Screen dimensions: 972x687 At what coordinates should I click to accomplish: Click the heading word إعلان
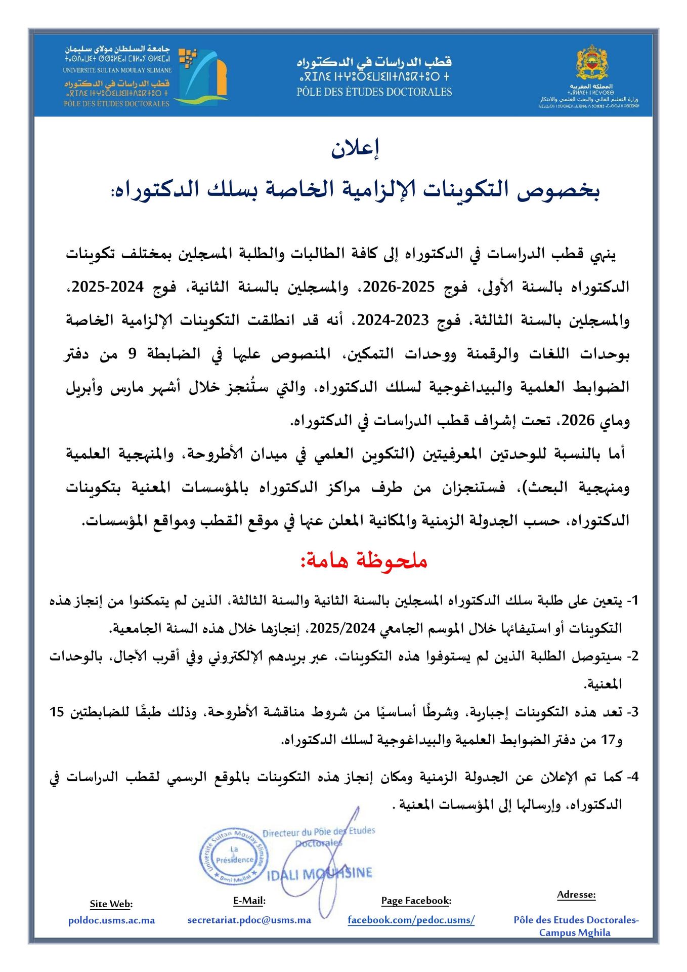pyautogui.click(x=355, y=148)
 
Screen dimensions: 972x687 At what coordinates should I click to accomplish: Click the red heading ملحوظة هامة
pyautogui.click(x=364, y=560)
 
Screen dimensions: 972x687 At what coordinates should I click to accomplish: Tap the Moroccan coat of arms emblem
pyautogui.click(x=591, y=63)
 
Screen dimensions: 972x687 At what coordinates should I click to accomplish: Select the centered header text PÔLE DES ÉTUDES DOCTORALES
pyautogui.click(x=374, y=92)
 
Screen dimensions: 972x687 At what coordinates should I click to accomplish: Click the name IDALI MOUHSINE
pyautogui.click(x=319, y=873)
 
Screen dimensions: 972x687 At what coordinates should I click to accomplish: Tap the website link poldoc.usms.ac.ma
pyautogui.click(x=111, y=920)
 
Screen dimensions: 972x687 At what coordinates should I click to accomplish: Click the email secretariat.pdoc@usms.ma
pyautogui.click(x=249, y=920)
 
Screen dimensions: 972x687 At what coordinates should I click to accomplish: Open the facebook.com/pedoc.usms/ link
pyautogui.click(x=411, y=920)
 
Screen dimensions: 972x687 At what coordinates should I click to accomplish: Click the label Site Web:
pyautogui.click(x=111, y=904)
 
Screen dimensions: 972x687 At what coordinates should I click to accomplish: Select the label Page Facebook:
pyautogui.click(x=416, y=901)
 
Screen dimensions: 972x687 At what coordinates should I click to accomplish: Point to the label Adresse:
pyautogui.click(x=576, y=895)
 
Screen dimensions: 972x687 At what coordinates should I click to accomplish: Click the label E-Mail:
pyautogui.click(x=249, y=901)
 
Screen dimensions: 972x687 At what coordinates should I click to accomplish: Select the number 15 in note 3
pyautogui.click(x=57, y=712)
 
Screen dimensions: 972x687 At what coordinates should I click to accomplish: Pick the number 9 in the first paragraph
pyautogui.click(x=132, y=353)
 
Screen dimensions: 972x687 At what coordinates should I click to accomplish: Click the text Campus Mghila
pyautogui.click(x=575, y=933)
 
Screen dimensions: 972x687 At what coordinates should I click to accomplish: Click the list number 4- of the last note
pyautogui.click(x=633, y=777)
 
